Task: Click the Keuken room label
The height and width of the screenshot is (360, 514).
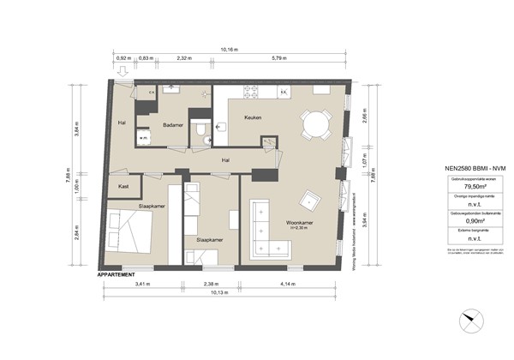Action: click(x=253, y=117)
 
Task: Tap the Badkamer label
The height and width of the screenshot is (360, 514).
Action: click(x=175, y=123)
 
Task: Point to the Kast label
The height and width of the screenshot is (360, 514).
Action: click(x=124, y=185)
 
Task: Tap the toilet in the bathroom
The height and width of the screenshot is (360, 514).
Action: click(x=200, y=130)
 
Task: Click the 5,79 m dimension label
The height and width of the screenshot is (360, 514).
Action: click(x=280, y=58)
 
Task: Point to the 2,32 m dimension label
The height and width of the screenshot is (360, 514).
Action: click(x=183, y=58)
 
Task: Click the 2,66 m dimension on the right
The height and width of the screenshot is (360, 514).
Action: click(x=365, y=119)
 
